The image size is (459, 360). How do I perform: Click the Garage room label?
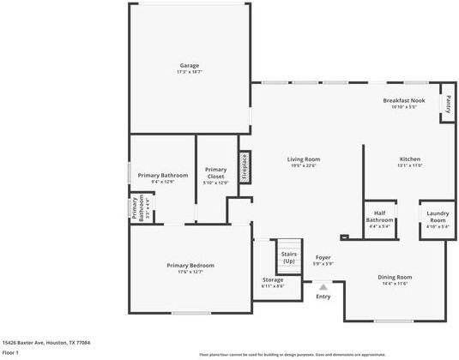(189, 66)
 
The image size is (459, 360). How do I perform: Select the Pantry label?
(447, 103)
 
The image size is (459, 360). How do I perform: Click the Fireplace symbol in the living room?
(245, 166)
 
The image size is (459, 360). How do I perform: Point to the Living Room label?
(303, 159)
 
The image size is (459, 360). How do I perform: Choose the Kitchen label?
(409, 159)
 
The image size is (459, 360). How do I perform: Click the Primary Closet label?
(215, 173)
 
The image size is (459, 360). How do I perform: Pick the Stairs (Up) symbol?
(288, 257)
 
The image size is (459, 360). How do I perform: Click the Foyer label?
(323, 257)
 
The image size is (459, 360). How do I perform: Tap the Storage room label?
(273, 280)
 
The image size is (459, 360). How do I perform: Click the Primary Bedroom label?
(190, 266)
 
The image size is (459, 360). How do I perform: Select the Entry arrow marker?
(323, 287)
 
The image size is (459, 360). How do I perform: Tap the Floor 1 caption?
(10, 352)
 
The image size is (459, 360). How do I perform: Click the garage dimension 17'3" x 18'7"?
(189, 72)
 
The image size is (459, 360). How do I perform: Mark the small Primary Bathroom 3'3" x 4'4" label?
(136, 210)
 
